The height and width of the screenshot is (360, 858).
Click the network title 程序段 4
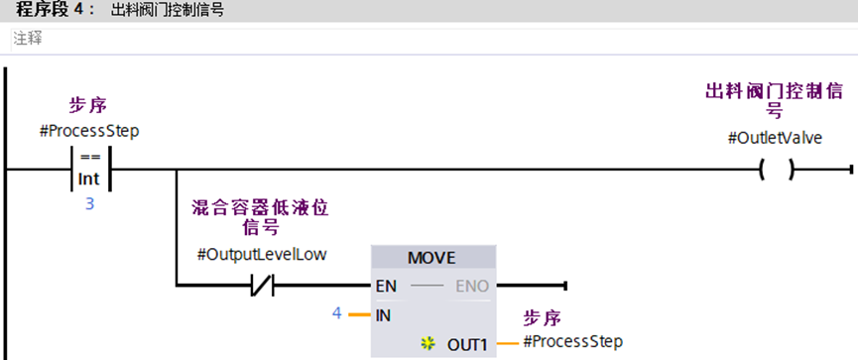50,10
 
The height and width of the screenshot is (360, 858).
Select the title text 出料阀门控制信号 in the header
168,10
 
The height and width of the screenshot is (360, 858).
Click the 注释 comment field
28,40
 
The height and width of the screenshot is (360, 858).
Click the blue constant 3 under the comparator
89,204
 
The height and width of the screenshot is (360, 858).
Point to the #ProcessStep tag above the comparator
89,133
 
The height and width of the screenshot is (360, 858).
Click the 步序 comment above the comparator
86,105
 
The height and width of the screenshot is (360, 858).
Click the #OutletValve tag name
775,138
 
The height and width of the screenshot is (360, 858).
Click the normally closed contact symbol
263,285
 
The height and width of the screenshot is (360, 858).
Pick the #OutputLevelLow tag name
262,255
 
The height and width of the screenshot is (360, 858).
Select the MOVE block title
432,258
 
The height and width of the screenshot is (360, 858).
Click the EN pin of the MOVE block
386,286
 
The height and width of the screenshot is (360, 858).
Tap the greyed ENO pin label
472,286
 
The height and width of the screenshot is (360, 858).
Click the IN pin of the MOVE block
383,315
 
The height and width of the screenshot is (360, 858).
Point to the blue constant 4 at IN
337,314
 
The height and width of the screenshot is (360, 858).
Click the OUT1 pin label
467,345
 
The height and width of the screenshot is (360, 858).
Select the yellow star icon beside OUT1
428,344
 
